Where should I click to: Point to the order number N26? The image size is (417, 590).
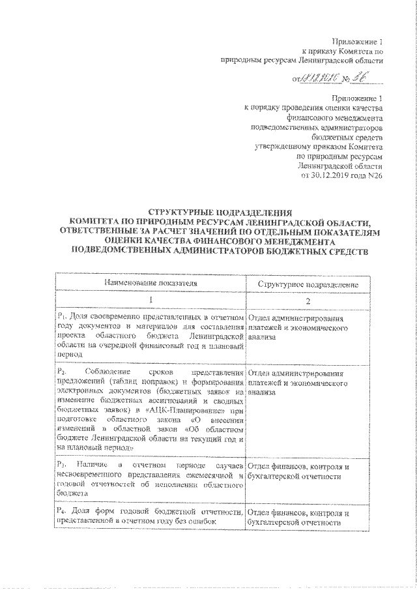[374, 175]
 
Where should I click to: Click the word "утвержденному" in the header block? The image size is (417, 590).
[281, 147]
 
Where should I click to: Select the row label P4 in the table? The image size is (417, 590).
[61, 513]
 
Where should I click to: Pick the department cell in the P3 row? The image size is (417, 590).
[300, 472]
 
